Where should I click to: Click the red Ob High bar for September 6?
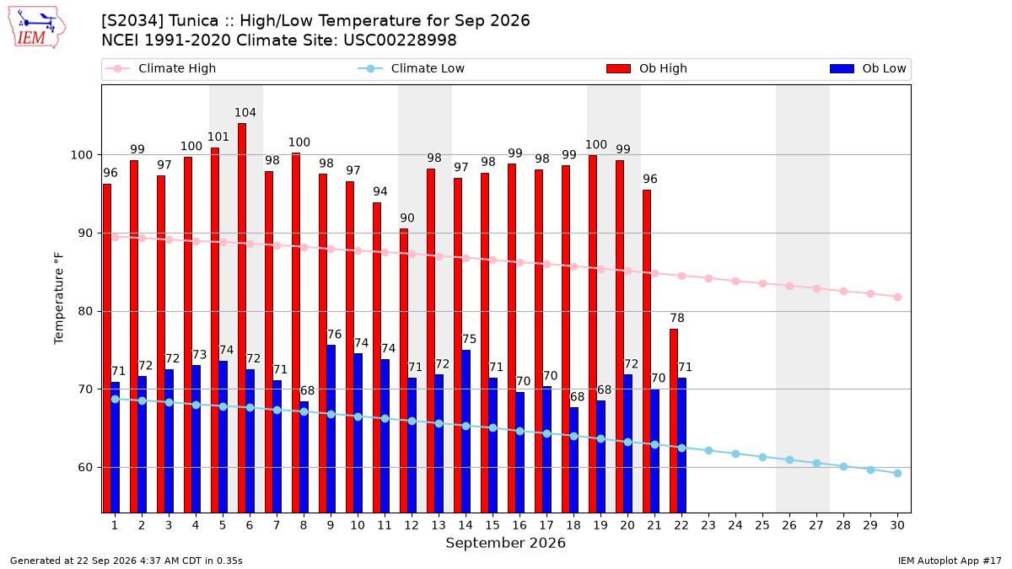(x=242, y=318)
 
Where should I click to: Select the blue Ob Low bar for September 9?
(x=331, y=429)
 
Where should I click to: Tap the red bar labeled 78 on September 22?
(x=674, y=421)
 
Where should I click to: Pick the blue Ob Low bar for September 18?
(x=573, y=460)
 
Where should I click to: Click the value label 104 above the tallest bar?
(x=245, y=112)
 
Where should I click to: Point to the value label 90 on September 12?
(x=407, y=218)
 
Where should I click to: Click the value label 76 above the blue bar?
(x=334, y=335)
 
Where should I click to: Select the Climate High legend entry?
(x=161, y=68)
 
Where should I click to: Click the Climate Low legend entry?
(x=412, y=68)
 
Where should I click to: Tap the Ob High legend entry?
(x=647, y=68)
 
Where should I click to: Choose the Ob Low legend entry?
(x=868, y=68)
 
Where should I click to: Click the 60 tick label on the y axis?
(x=85, y=467)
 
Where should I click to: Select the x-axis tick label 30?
(x=897, y=526)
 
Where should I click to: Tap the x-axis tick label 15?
(x=493, y=526)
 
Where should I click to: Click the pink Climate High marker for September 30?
(x=897, y=297)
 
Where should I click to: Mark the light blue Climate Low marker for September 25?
(x=762, y=458)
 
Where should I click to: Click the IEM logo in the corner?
(x=36, y=28)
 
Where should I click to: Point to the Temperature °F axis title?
(x=59, y=298)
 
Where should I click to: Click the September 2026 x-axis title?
(x=505, y=543)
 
